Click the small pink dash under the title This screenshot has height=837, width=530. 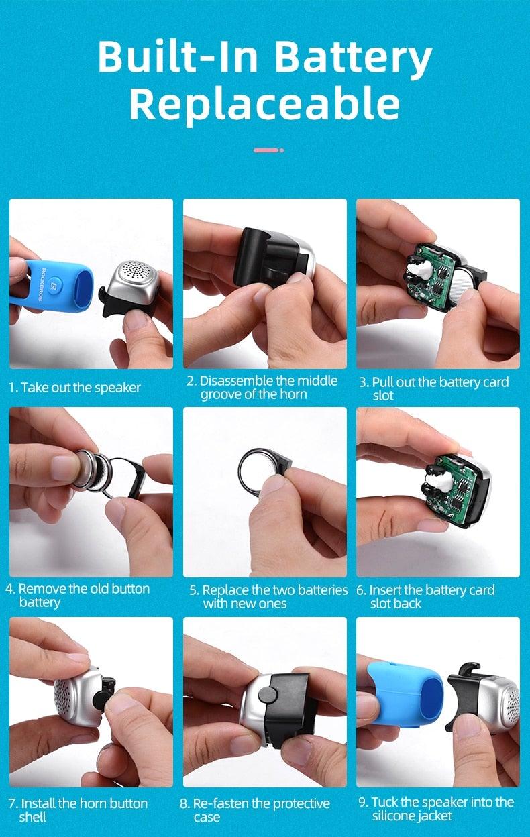[266, 150]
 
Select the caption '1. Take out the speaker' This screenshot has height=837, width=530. [74, 388]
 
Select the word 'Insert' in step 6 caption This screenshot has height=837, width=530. [385, 590]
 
